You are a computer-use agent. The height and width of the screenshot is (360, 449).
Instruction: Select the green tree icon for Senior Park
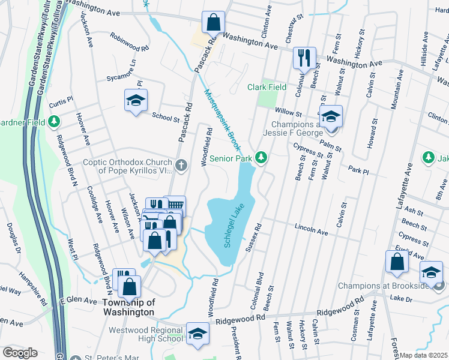point(261,157)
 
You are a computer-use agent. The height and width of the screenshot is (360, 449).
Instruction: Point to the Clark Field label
point(267,87)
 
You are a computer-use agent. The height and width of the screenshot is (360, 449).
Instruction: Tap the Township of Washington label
point(127,307)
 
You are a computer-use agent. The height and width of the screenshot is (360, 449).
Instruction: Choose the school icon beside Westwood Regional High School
point(197,335)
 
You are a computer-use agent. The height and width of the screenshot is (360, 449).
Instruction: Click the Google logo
point(20,353)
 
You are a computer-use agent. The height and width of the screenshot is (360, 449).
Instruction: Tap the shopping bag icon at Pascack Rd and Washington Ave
point(213,23)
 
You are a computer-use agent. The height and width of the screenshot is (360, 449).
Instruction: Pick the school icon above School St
point(136,100)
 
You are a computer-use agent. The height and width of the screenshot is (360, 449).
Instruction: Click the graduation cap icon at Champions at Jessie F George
point(330,116)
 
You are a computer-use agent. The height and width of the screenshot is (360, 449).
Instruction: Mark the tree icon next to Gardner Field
point(54,122)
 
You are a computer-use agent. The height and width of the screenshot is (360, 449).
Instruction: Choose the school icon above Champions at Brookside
point(430,272)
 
